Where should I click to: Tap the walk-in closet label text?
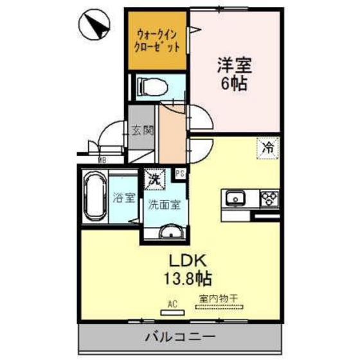(156, 40)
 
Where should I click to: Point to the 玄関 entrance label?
(143, 131)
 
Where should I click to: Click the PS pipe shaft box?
(181, 174)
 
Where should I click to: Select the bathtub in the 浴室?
(94, 196)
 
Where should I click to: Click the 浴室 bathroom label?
(123, 197)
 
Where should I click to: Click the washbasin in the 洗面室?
(170, 231)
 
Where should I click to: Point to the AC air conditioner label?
(172, 302)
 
